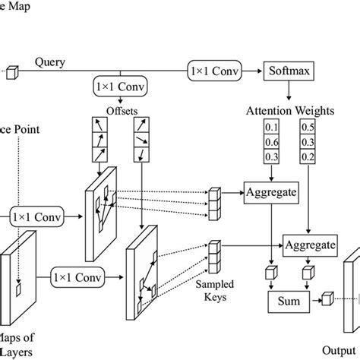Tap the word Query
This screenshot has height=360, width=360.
(x=49, y=64)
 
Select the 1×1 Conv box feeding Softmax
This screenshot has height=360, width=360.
(x=216, y=72)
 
